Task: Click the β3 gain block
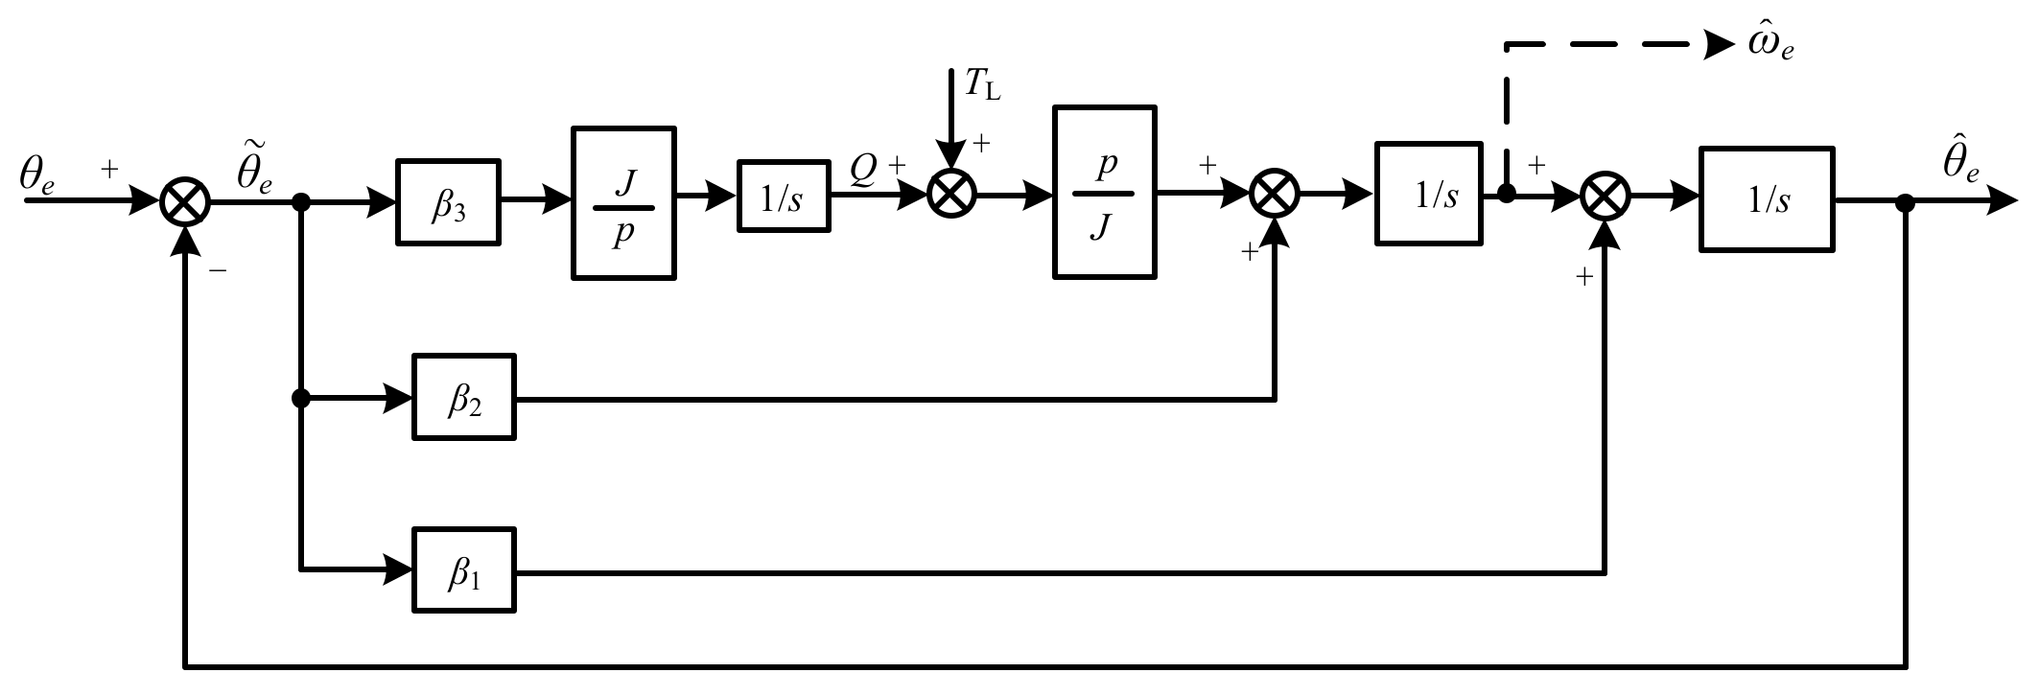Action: (448, 202)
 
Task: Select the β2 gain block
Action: (463, 397)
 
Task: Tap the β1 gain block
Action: (463, 569)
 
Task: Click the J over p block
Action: (623, 203)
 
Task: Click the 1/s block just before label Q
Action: (783, 196)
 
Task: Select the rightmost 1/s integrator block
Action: (1766, 199)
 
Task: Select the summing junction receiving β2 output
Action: (1275, 195)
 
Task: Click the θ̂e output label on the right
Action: (1962, 163)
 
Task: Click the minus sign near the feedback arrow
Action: (219, 272)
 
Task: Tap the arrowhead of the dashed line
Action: (1719, 45)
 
